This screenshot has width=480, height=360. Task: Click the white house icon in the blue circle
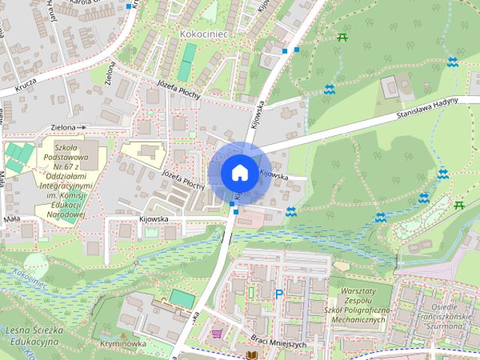pos(239,172)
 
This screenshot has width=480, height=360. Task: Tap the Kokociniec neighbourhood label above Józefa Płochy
pos(203,34)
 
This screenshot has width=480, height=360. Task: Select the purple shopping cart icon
pos(217,332)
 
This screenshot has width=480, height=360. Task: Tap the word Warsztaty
pos(355,290)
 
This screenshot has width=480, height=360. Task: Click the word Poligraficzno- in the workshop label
pos(364,310)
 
